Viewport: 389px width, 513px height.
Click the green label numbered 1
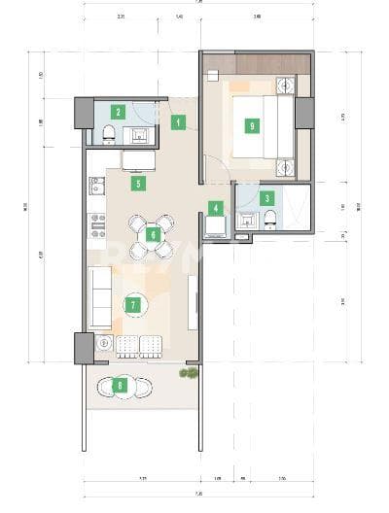point(178,122)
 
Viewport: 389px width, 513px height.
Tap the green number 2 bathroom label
point(118,112)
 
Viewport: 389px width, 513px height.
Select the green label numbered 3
point(267,197)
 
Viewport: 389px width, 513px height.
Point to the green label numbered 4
point(216,207)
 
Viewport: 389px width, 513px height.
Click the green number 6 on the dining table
point(152,234)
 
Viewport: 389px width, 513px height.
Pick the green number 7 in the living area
point(134,304)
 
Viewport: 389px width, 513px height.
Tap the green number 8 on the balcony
point(120,385)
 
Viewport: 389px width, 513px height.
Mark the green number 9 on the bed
point(252,125)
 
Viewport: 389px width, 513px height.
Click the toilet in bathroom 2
point(105,135)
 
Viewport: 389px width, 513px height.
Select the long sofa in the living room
point(99,299)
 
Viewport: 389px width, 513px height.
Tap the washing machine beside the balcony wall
point(103,344)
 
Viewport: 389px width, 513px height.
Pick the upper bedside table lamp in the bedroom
point(285,85)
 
